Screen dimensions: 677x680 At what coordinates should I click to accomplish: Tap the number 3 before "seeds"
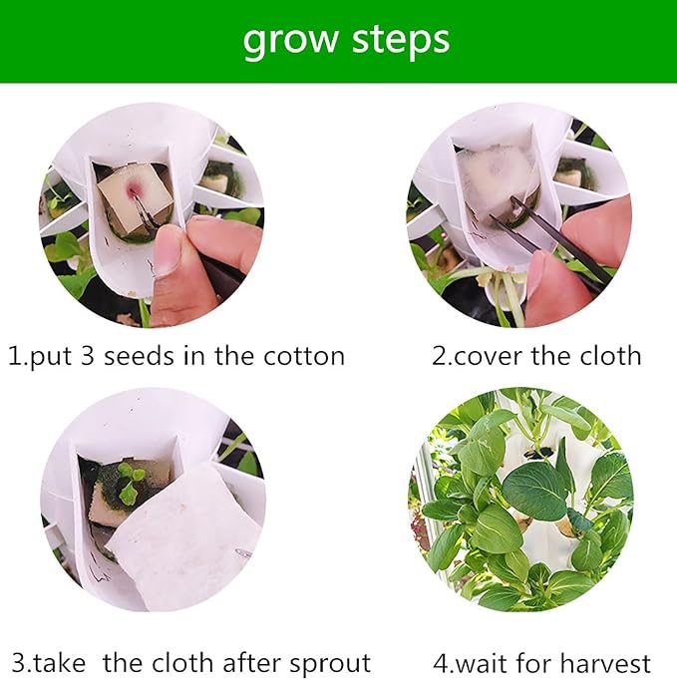[87, 357]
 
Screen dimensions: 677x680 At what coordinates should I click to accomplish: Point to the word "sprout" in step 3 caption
[330, 664]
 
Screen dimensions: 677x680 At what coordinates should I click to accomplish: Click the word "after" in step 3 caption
[250, 662]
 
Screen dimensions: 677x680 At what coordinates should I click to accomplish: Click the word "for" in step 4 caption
[535, 663]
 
